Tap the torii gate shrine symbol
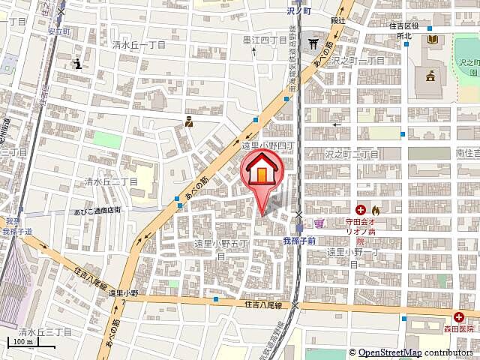(x=313, y=44)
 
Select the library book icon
(x=432, y=38)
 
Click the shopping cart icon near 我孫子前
(x=320, y=223)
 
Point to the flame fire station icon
(x=376, y=210)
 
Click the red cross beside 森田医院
(x=457, y=316)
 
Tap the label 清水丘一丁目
(x=139, y=46)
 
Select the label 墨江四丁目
(x=265, y=40)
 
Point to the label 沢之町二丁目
(x=352, y=153)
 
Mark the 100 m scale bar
(x=30, y=346)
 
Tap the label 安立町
(x=58, y=31)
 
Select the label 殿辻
(x=338, y=20)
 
